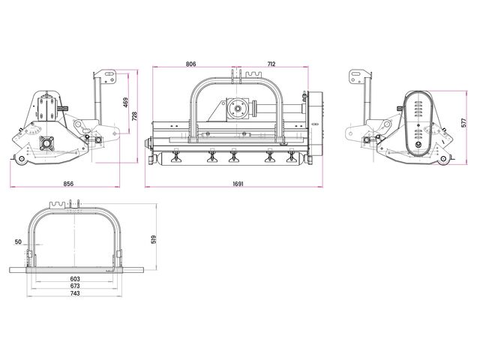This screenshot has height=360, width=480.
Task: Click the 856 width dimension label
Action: click(x=68, y=184)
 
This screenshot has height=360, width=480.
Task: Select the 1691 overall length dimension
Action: click(x=238, y=184)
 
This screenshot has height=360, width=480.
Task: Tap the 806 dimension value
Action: click(x=190, y=64)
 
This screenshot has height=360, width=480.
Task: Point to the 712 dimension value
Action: click(x=271, y=64)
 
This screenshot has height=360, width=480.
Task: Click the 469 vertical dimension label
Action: click(x=126, y=102)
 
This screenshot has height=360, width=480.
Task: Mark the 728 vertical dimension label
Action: click(x=134, y=116)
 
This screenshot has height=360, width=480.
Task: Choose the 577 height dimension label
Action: click(x=463, y=123)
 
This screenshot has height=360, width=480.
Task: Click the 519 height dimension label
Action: click(x=154, y=239)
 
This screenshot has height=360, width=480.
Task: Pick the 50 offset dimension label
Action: click(x=18, y=241)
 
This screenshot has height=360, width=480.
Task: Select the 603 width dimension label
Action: click(x=75, y=279)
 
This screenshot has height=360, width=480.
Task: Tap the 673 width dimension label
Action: click(x=75, y=286)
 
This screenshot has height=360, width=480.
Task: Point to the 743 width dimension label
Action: click(x=75, y=293)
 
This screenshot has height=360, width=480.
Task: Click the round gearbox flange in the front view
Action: click(x=237, y=109)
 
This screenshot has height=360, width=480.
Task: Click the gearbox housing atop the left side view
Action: click(x=46, y=108)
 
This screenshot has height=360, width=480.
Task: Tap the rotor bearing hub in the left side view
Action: click(x=46, y=142)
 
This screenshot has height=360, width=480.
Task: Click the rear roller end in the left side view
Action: click(x=21, y=158)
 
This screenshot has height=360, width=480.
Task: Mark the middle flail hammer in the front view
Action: click(x=234, y=155)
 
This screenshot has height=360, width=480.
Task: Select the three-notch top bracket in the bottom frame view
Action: click(x=58, y=205)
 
